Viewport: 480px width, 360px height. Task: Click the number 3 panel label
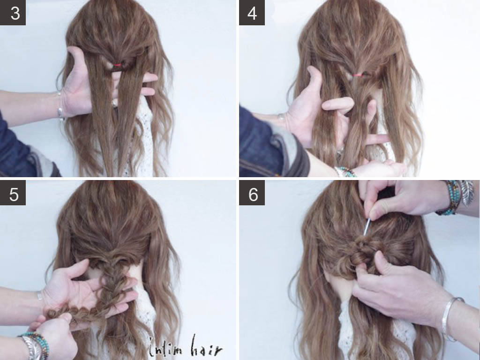click(x=13, y=13)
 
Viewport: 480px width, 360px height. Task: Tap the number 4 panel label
click(x=252, y=13)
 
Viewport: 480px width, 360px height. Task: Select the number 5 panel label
click(x=13, y=193)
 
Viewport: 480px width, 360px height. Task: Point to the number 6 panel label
click(x=252, y=193)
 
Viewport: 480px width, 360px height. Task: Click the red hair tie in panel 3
click(x=117, y=65)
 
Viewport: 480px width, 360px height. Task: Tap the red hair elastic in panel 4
click(x=357, y=75)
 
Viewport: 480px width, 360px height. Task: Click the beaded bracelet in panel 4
click(x=345, y=172)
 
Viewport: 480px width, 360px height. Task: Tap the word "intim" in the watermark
click(x=166, y=349)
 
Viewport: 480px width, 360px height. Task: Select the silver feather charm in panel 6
click(x=467, y=192)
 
